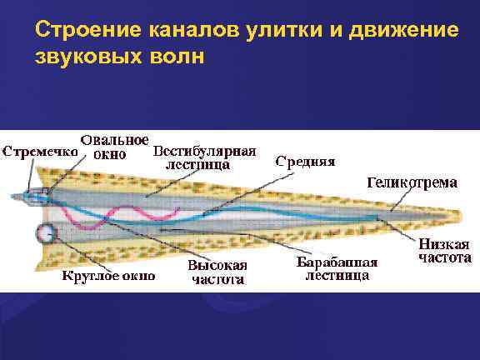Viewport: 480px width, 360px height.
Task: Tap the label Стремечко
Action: click(39, 152)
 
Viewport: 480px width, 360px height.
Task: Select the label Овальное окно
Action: click(115, 146)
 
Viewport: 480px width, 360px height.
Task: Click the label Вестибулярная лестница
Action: click(205, 157)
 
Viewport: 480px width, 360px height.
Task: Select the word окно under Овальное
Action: click(110, 154)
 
